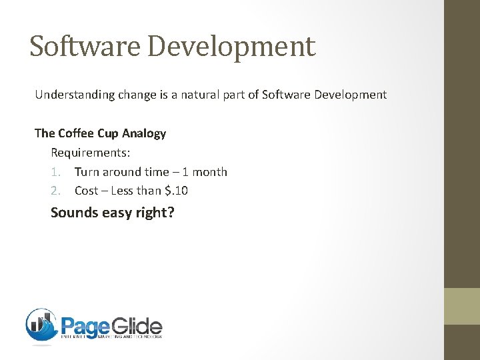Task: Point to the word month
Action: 210,172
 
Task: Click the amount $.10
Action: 176,191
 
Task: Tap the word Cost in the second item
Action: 86,191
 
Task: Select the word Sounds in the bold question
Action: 74,213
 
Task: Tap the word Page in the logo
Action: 85,327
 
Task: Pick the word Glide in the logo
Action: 136,327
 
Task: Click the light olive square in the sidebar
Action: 462,306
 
